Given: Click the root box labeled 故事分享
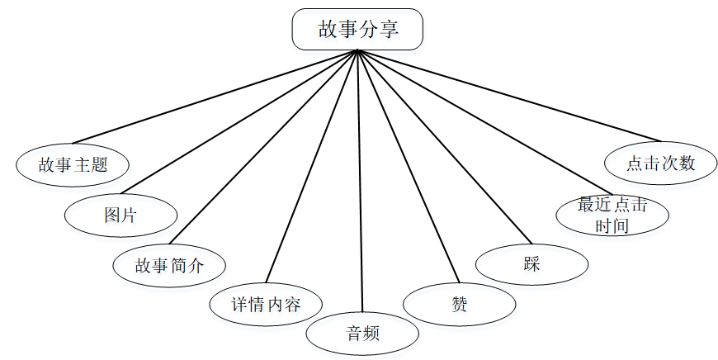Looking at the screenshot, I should coord(357,29).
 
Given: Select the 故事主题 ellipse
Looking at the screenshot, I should coord(73,163).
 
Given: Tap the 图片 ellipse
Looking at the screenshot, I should coord(121,215).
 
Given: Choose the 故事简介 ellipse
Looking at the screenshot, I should coord(169,265).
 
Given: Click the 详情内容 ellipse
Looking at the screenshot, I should coord(266,305).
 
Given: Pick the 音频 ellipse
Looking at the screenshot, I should coord(362,334).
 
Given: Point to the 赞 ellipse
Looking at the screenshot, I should coord(460,304).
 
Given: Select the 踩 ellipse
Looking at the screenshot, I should coord(532,265).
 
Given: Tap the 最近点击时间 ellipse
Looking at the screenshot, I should coord(612,215).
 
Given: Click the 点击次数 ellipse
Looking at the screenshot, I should coord(660,163).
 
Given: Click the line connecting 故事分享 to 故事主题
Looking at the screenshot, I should coord(215,96).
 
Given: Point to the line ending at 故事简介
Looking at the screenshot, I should coord(263,149).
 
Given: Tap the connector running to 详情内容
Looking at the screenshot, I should coord(312,168).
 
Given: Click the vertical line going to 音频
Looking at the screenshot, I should coord(359,182).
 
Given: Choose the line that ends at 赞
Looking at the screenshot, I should coord(408,167).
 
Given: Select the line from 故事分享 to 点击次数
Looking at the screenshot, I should coord(509,96).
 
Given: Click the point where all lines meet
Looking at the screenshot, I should coord(357,51).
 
